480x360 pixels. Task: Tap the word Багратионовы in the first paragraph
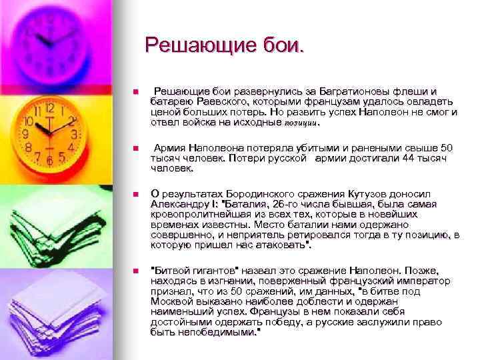click(x=347, y=91)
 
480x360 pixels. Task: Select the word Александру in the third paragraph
click(x=181, y=205)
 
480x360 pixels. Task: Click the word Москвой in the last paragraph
click(x=173, y=301)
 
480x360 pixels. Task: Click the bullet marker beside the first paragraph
click(x=135, y=92)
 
